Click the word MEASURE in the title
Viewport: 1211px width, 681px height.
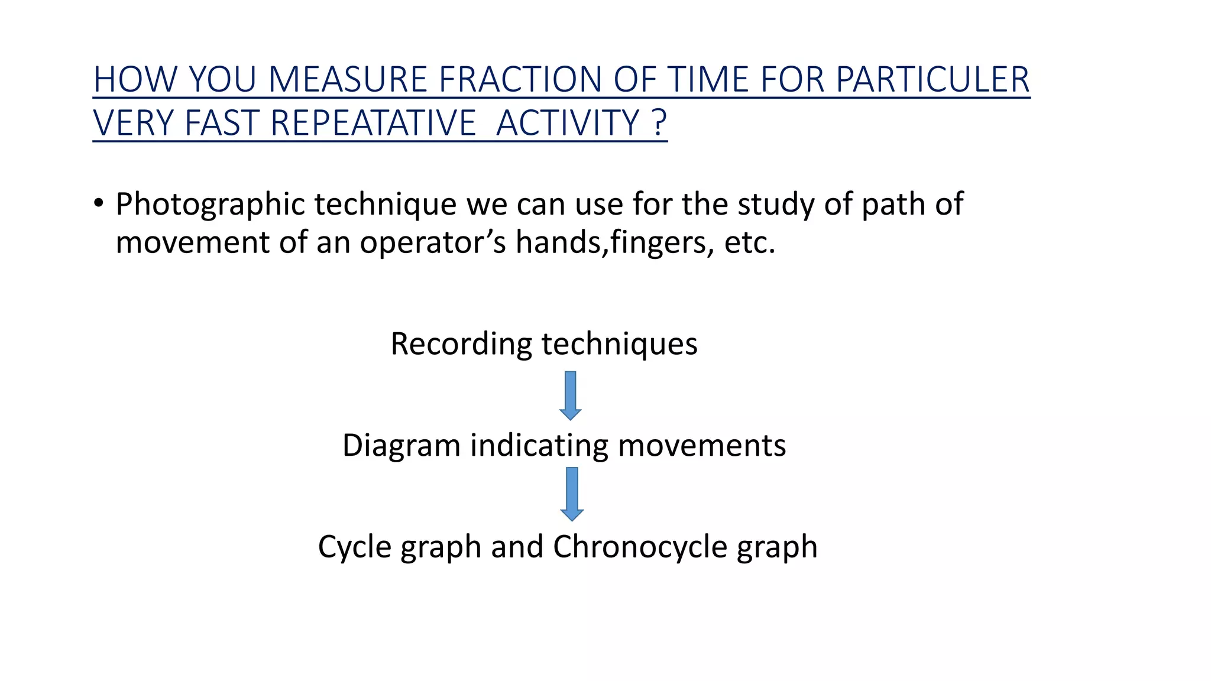(348, 79)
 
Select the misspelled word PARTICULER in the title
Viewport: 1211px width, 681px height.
(932, 79)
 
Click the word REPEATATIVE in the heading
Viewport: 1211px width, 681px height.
(373, 123)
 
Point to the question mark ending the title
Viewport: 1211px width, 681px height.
(660, 123)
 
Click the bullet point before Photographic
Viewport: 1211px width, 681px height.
(99, 204)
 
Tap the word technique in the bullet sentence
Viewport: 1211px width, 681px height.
(385, 205)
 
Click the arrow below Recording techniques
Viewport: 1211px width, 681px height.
(570, 395)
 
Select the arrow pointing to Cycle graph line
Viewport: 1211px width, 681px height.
(572, 494)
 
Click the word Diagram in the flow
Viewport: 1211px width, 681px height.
(401, 445)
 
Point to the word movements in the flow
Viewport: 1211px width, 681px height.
(702, 445)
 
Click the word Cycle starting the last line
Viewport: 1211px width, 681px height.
(355, 547)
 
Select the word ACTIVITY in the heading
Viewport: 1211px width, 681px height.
(568, 123)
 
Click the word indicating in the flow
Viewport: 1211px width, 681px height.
(539, 445)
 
